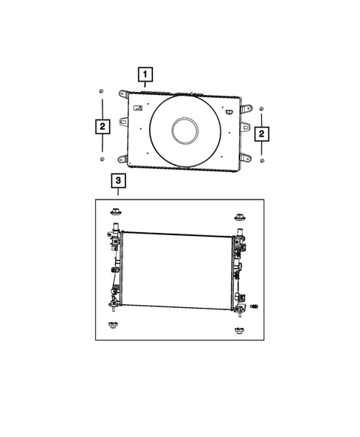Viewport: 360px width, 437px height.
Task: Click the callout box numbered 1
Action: pyautogui.click(x=145, y=74)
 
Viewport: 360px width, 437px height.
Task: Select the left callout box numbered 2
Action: pyautogui.click(x=102, y=126)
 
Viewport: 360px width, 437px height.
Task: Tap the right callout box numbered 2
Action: pyautogui.click(x=261, y=134)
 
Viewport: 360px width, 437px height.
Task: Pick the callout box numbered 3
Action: pyautogui.click(x=118, y=180)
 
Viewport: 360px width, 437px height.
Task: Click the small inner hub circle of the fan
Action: pyautogui.click(x=185, y=131)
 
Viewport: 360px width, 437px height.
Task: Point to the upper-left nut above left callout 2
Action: pyautogui.click(x=101, y=91)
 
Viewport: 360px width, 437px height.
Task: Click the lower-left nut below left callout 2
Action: pyautogui.click(x=102, y=159)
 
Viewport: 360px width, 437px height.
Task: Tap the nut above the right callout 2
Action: pyautogui.click(x=261, y=108)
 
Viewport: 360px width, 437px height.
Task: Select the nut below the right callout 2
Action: pyautogui.click(x=262, y=160)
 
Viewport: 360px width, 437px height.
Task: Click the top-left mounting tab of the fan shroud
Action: pyautogui.click(x=123, y=93)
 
